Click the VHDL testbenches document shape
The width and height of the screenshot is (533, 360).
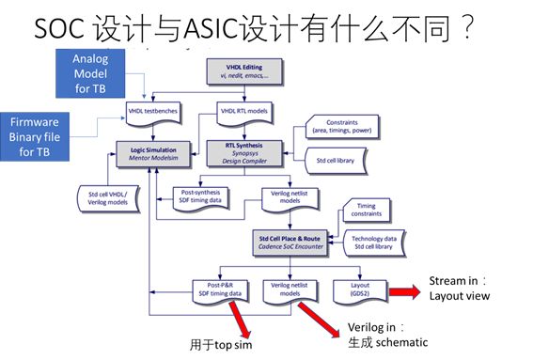tap(153, 112)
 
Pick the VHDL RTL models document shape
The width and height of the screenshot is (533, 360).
tap(243, 112)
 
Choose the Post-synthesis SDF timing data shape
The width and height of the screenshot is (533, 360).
tap(201, 196)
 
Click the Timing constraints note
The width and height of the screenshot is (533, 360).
tap(370, 208)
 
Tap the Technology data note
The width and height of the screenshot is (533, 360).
tap(379, 243)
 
